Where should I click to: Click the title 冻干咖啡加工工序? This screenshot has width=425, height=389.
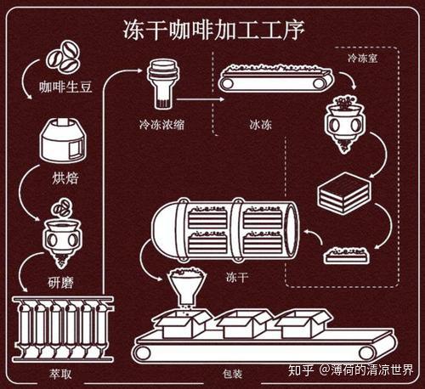(x=213, y=30)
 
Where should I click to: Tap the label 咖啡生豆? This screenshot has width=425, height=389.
(x=65, y=87)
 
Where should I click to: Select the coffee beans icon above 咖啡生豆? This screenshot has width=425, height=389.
(x=63, y=57)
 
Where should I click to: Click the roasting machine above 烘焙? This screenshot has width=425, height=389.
(x=63, y=140)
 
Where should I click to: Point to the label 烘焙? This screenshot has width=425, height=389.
(x=65, y=178)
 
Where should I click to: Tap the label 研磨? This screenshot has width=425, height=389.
(x=60, y=283)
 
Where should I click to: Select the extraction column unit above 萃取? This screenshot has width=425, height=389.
(x=63, y=329)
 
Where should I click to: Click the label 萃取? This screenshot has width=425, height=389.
(x=60, y=374)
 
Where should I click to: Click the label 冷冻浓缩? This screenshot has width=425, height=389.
(x=161, y=125)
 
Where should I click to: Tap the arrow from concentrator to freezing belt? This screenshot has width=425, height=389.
(x=201, y=99)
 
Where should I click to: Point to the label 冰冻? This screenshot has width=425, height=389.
(x=261, y=125)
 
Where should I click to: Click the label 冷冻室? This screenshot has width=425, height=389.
(x=363, y=59)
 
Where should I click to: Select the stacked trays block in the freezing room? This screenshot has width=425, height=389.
(x=344, y=194)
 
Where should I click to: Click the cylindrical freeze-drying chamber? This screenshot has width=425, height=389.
(x=224, y=228)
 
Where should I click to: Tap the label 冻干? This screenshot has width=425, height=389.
(x=237, y=277)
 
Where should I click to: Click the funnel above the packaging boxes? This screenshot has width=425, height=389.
(x=187, y=286)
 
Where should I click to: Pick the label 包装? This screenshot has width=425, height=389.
(x=232, y=374)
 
